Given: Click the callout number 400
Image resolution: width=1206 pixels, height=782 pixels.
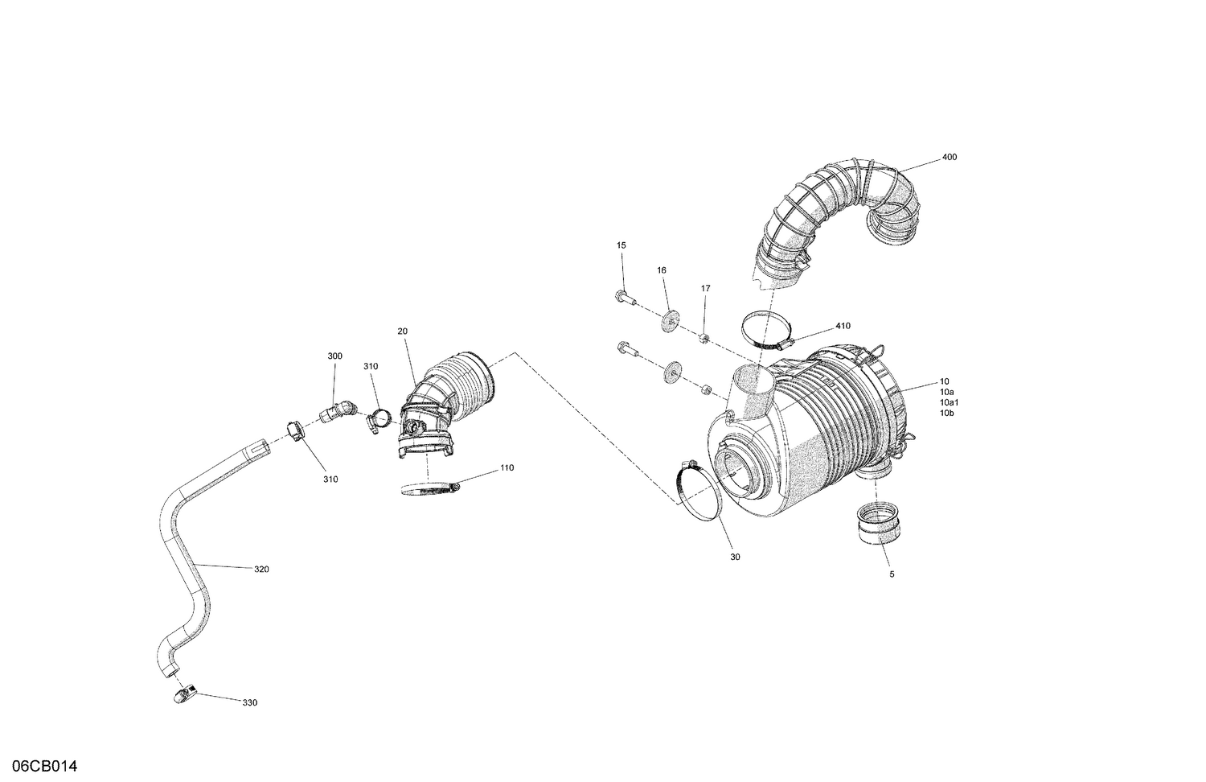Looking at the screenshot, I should click(949, 158).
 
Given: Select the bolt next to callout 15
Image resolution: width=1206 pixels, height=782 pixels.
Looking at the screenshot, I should click(626, 298).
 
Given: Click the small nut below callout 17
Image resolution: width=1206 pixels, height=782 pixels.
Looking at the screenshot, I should click(703, 337).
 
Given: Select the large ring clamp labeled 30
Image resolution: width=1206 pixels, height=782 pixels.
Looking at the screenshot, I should click(696, 491).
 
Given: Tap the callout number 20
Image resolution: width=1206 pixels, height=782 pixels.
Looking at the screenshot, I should click(402, 331).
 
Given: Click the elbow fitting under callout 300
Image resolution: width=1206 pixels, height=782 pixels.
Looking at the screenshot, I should click(339, 412).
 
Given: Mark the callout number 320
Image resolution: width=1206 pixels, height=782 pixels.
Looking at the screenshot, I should click(261, 570).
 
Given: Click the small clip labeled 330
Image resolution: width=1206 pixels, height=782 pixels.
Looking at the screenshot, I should click(184, 694).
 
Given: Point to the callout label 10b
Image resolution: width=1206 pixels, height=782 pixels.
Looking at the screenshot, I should click(946, 413).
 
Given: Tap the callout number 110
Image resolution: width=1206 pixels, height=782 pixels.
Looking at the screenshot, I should click(507, 468).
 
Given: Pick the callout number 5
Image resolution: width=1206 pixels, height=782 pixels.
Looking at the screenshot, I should click(891, 574).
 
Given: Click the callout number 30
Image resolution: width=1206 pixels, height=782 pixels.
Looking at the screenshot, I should click(734, 557).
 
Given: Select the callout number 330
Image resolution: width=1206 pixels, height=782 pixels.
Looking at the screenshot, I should click(249, 703).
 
